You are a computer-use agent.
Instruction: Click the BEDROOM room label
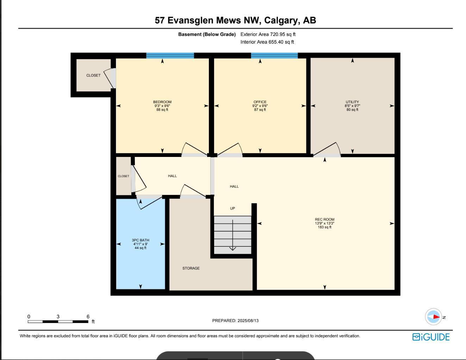pos(162,102)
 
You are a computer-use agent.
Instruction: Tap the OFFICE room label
pos(260,102)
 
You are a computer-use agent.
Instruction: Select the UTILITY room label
pos(352,102)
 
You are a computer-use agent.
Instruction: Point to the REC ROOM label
pos(324,220)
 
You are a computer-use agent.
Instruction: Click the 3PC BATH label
pos(141,240)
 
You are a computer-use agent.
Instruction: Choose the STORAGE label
pos(191,268)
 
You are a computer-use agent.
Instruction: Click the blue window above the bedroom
pos(170,56)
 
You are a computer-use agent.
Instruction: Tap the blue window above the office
pos(274,56)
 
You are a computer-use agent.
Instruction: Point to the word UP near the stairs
pos(232,208)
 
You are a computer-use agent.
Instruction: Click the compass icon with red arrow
pos(434,317)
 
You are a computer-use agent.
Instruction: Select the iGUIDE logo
pos(431,337)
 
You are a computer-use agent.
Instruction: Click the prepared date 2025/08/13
pos(248,321)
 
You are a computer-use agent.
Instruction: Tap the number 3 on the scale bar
pos(58,317)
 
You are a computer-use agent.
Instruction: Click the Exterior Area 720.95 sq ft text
pos(268,34)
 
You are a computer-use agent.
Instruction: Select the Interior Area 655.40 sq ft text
pos(267,42)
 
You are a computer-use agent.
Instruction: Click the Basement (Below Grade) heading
pos(207,34)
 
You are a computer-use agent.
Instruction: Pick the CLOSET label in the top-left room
pos(93,75)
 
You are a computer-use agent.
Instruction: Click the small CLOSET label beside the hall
pos(123,176)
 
